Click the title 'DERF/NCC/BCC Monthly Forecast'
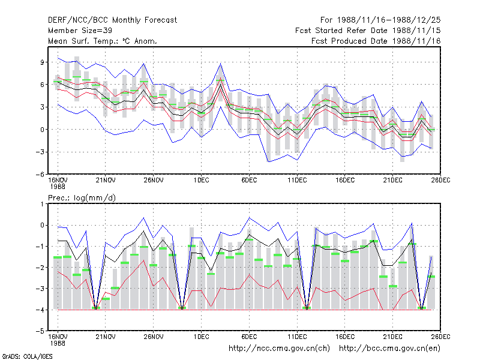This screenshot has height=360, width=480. [112, 20]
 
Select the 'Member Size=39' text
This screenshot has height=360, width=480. [80, 31]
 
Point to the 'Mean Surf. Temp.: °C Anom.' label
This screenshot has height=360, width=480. [103, 41]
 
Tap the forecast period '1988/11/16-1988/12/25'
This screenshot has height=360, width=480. [389, 20]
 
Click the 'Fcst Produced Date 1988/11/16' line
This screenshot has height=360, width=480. [376, 41]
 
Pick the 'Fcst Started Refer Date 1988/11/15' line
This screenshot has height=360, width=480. [368, 31]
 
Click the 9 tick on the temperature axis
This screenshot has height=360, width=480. [42, 62]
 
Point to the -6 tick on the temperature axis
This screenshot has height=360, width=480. [40, 175]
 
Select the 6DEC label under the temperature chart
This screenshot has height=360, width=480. [249, 181]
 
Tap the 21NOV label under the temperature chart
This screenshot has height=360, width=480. [106, 181]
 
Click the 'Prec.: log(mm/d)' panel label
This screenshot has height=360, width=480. [82, 198]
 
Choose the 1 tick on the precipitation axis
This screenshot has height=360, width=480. [42, 204]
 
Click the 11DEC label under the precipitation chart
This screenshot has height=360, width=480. [297, 337]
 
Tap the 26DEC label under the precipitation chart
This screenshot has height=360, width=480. [440, 337]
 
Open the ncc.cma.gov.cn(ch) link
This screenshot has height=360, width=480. [279, 349]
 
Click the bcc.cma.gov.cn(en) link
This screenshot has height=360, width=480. [389, 349]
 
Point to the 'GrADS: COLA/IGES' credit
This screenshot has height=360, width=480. [27, 356]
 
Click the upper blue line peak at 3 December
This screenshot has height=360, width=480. [220, 64]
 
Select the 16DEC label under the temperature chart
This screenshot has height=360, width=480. [344, 181]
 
